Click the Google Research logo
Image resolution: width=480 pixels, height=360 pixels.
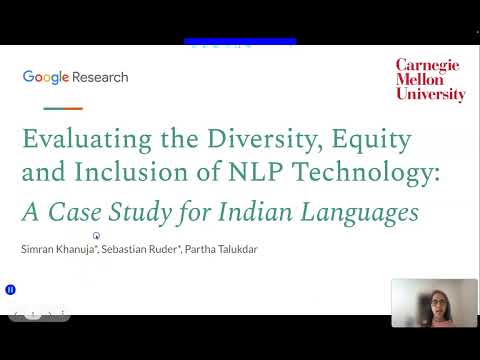coord(75,77)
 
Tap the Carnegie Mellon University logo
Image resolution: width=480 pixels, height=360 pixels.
coord(430,80)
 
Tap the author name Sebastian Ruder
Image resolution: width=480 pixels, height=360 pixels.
coord(141,249)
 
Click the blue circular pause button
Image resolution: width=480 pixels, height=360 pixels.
coord(11,290)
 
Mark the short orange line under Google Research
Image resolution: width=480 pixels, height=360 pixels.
coord(64,108)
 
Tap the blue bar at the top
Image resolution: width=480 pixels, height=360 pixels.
coord(240,42)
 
